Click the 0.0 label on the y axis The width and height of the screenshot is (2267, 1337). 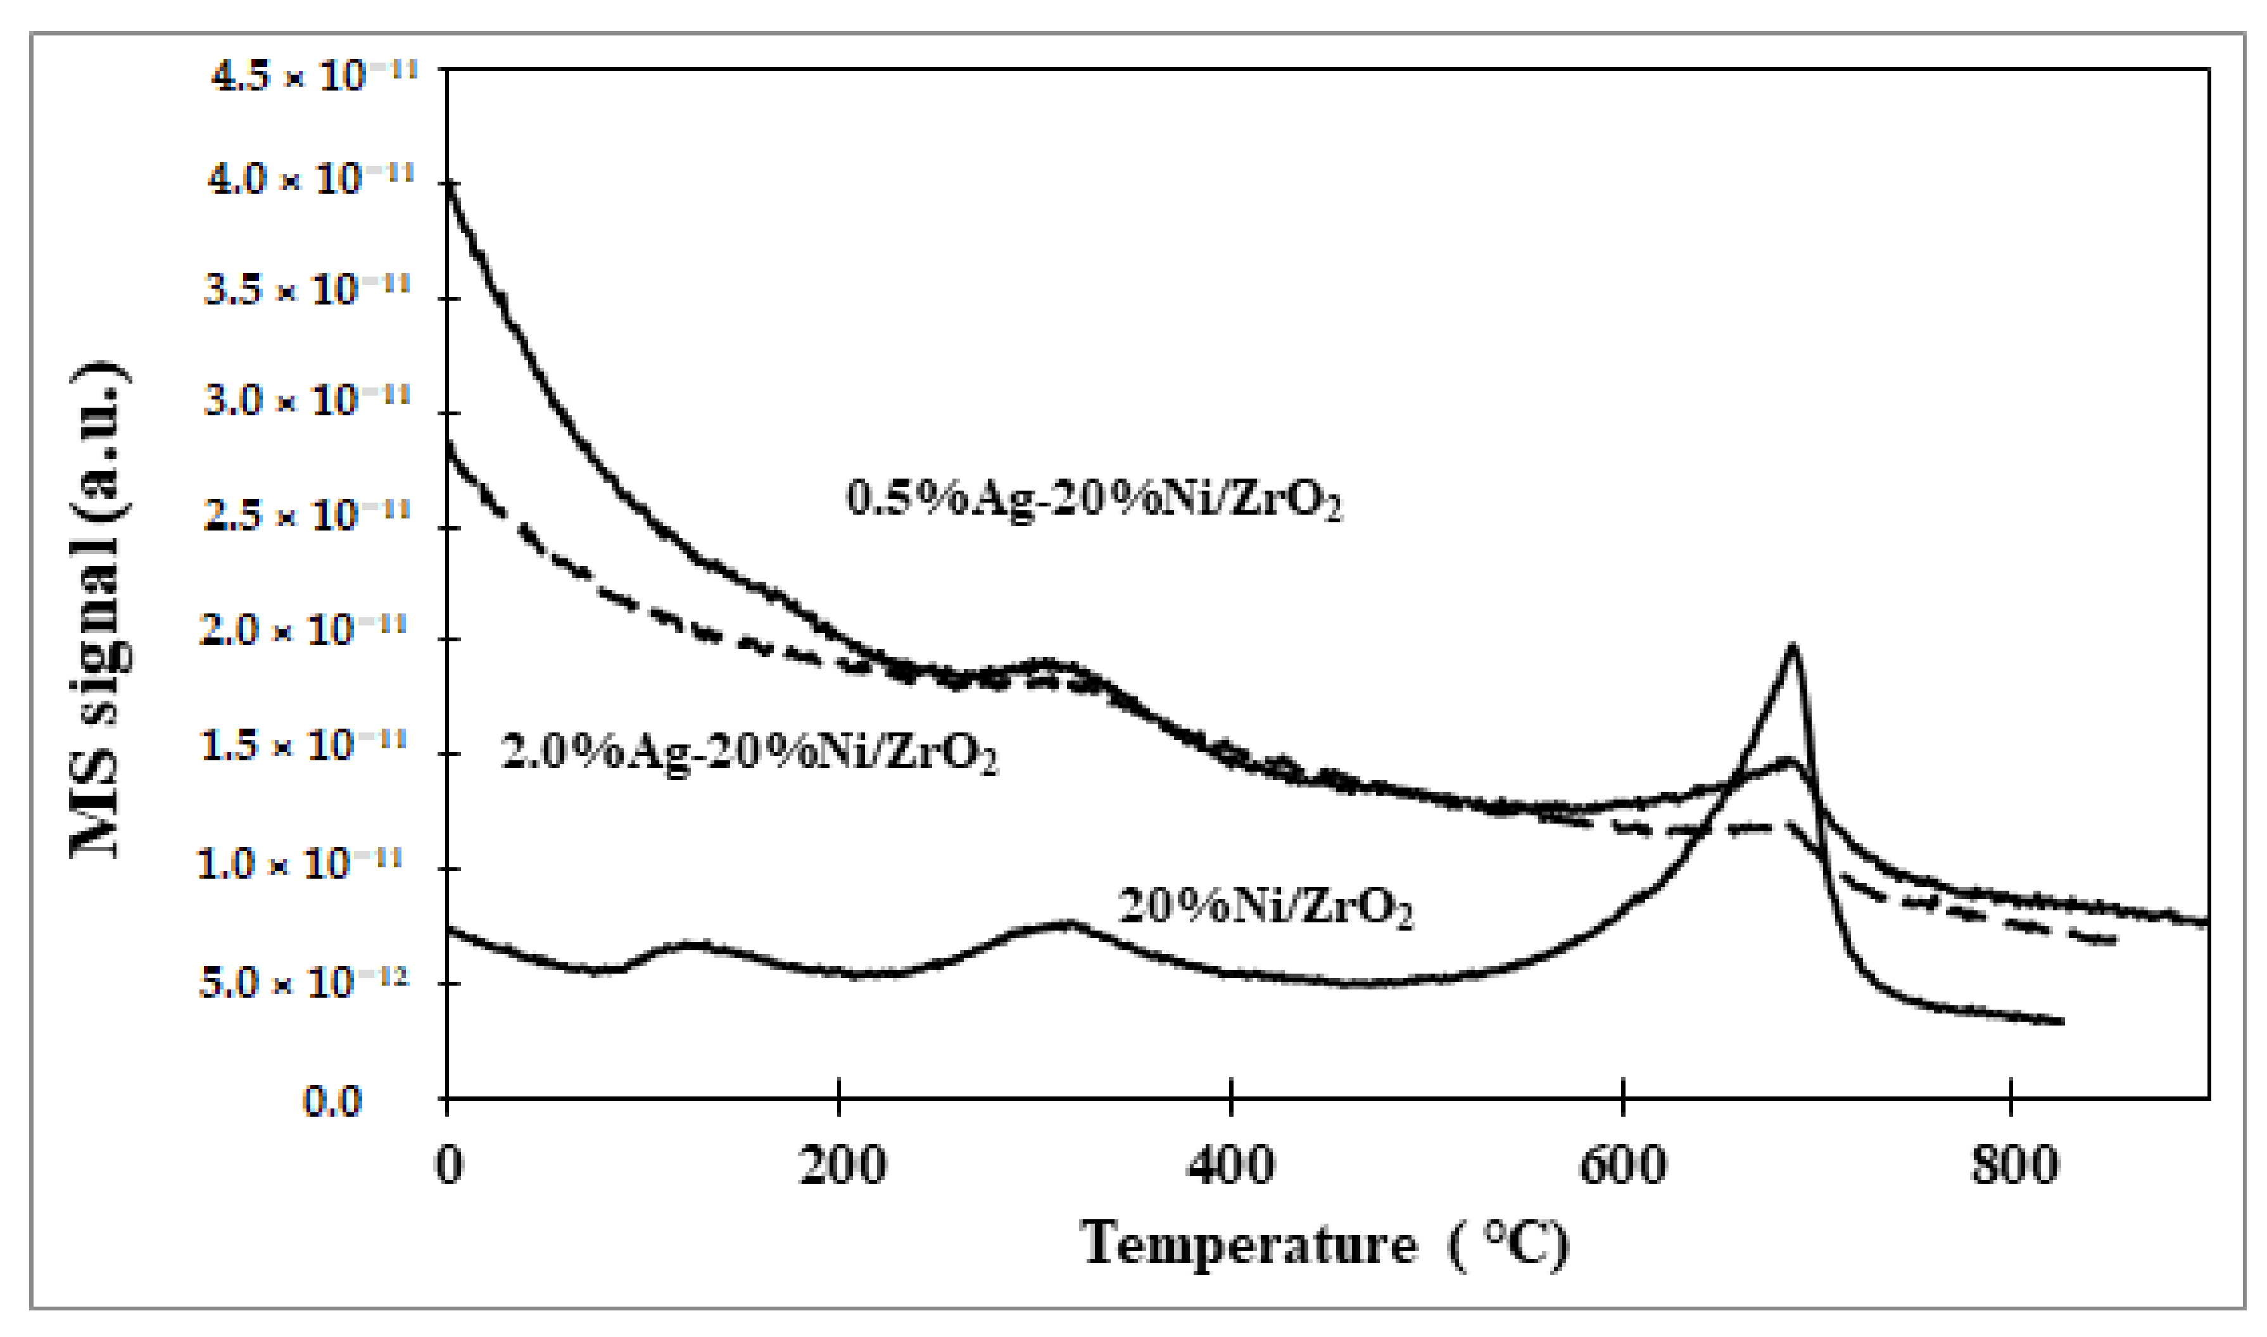pos(332,1101)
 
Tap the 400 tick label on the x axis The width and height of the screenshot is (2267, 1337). pos(1231,1165)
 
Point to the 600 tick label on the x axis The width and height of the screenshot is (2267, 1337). pos(1622,1165)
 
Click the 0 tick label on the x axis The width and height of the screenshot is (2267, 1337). pos(449,1165)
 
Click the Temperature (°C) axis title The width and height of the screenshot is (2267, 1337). pos(1325,1244)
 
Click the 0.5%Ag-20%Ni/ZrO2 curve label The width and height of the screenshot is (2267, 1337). pos(1094,499)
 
